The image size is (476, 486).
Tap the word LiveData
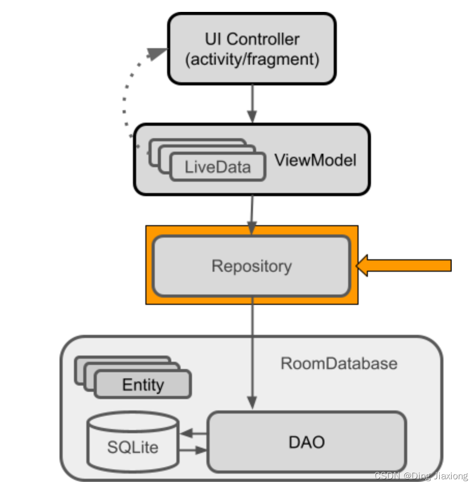pyautogui.click(x=217, y=167)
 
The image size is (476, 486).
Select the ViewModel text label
pyautogui.click(x=315, y=160)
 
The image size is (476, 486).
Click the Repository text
pyautogui.click(x=251, y=266)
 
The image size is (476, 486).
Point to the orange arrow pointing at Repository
pyautogui.click(x=404, y=266)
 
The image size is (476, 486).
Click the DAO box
pyautogui.click(x=306, y=441)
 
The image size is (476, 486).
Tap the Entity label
pyautogui.click(x=143, y=385)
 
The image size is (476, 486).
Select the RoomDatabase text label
pyautogui.click(x=339, y=363)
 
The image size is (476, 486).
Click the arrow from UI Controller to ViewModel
pyautogui.click(x=252, y=104)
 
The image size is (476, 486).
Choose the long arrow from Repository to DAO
pyautogui.click(x=252, y=352)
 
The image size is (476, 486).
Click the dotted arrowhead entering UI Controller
pyautogui.click(x=156, y=53)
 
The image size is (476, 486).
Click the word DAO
pyautogui.click(x=306, y=442)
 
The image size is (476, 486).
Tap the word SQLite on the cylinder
pyautogui.click(x=132, y=447)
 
